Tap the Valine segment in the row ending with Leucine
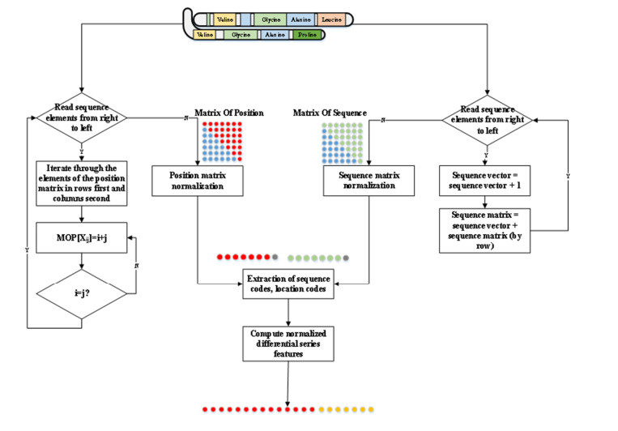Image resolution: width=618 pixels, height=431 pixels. coord(225,18)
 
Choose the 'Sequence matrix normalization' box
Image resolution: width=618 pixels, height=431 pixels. coord(369,180)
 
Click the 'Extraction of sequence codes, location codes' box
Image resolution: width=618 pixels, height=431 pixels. coord(288,285)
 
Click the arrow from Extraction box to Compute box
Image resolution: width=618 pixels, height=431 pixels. coord(288,313)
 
